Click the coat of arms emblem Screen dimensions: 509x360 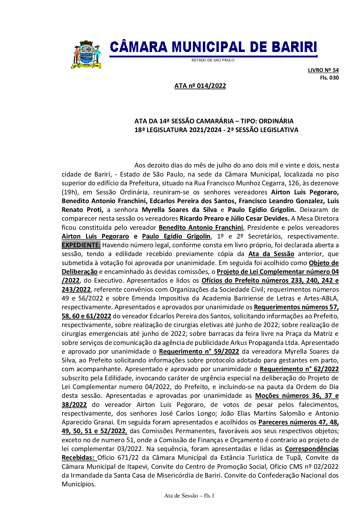tap(86, 55)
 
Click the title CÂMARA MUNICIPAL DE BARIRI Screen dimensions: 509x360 tap(213, 47)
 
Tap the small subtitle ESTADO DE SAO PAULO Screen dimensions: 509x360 tap(213, 60)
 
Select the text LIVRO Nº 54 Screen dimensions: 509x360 tap(323, 70)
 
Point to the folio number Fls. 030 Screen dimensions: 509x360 tap(329, 78)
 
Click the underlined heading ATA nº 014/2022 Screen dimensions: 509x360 tap(200, 86)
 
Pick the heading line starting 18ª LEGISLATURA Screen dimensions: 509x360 tap(216, 130)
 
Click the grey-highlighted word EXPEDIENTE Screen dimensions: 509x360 tap(81, 245)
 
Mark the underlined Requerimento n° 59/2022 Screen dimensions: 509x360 tap(199, 352)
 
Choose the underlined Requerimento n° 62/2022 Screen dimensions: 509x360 tap(299, 369)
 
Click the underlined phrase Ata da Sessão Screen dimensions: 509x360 tap(271, 254)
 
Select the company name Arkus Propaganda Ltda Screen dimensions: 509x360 tap(264, 342)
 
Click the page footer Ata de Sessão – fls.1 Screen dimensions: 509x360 tap(189, 496)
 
